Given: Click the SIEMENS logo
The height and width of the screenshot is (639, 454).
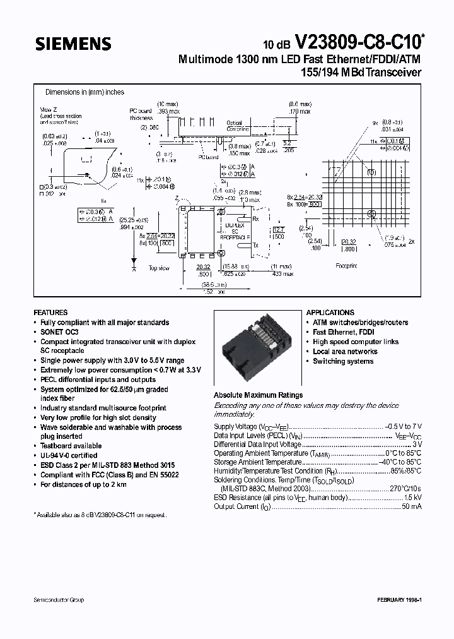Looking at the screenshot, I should (x=73, y=44).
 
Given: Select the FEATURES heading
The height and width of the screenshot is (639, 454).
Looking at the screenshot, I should (x=50, y=313).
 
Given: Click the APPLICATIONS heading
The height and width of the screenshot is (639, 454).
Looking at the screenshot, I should (x=330, y=313).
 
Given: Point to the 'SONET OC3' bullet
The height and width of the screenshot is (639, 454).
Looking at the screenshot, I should (x=60, y=332).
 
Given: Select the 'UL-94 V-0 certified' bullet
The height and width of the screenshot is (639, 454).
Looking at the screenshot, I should (x=69, y=455).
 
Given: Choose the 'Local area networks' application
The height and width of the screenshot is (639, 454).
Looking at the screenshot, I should (x=345, y=352).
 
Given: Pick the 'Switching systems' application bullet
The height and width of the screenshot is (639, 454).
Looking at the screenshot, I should (x=343, y=361).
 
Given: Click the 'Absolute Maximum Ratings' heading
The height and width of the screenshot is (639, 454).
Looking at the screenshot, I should (x=258, y=395).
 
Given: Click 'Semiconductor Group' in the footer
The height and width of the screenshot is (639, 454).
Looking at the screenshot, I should (x=59, y=600).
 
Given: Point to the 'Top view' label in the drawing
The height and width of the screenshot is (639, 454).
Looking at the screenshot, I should (x=158, y=268).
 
